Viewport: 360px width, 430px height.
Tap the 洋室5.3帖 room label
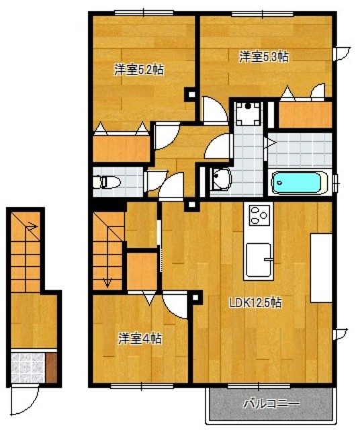pyautogui.click(x=264, y=57)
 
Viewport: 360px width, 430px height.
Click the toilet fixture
pyautogui.click(x=107, y=181)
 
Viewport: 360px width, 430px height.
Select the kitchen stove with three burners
pyautogui.click(x=259, y=216)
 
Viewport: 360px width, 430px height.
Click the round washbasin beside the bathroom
pyautogui.click(x=220, y=178)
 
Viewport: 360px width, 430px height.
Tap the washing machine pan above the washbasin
pyautogui.click(x=250, y=116)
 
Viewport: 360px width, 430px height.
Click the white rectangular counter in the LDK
pyautogui.click(x=321, y=267)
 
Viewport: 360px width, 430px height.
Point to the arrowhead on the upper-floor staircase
pyautogui.click(x=106, y=282)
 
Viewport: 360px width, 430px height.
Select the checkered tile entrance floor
pyautogui.click(x=28, y=368)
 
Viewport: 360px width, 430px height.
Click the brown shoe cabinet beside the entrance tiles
pyautogui.click(x=52, y=368)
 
